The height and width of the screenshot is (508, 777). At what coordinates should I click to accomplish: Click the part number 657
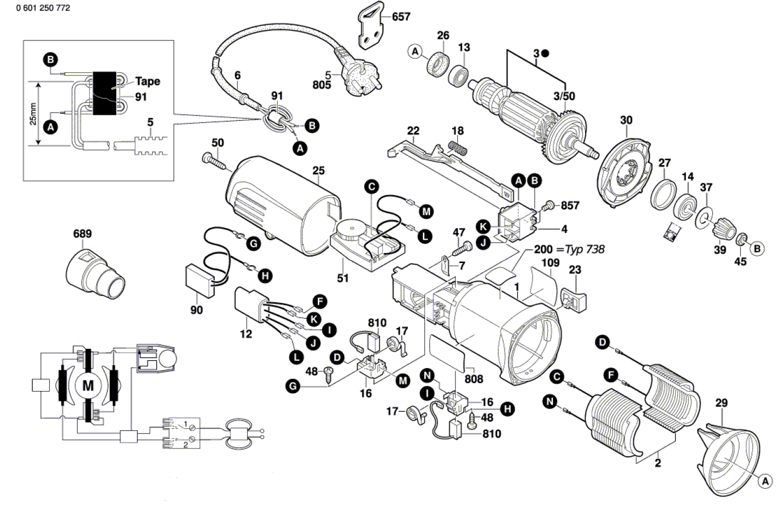click(401, 16)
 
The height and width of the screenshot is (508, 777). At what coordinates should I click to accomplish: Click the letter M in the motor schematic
click(88, 386)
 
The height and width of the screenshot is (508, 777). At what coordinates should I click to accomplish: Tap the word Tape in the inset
click(148, 81)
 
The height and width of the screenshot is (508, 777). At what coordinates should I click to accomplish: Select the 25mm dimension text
click(33, 114)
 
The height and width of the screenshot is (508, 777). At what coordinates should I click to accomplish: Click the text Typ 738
click(585, 249)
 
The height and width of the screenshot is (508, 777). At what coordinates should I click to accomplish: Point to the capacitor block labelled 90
click(200, 281)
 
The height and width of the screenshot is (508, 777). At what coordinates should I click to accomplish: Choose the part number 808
click(474, 379)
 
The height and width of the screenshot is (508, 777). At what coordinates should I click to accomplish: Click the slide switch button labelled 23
click(574, 300)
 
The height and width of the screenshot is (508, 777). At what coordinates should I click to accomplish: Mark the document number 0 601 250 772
click(43, 8)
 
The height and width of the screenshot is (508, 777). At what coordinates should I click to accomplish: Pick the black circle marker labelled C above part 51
click(371, 187)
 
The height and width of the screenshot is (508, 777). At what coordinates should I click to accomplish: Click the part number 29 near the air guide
click(721, 403)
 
